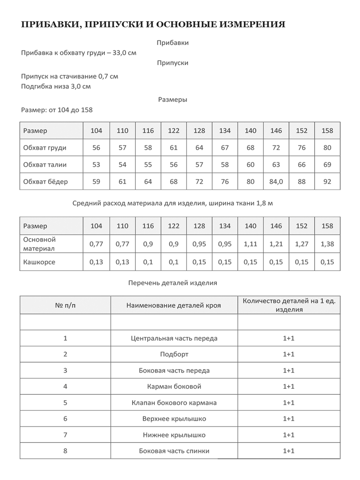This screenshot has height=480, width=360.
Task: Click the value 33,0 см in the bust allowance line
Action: tap(125, 53)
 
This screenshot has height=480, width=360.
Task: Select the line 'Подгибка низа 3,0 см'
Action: tap(56, 86)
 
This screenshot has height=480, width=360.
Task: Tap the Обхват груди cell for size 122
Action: tap(174, 148)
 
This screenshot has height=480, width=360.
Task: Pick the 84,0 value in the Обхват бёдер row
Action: tap(276, 182)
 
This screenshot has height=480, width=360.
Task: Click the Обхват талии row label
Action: tap(45, 165)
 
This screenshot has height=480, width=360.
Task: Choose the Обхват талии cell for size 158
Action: tap(327, 165)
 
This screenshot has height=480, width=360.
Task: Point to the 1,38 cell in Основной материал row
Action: tap(327, 244)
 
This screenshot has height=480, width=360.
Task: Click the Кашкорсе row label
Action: tap(39, 262)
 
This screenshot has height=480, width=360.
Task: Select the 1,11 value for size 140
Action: tap(251, 244)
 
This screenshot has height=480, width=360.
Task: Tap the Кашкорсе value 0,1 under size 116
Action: tap(148, 262)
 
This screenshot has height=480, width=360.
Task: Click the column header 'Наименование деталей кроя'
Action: tap(174, 306)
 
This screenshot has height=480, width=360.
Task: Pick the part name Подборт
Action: tap(174, 354)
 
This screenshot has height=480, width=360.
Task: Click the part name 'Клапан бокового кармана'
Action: tap(174, 403)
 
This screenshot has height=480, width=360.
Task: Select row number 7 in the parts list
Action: tap(65, 435)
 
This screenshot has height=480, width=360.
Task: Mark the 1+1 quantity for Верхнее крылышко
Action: tap(289, 419)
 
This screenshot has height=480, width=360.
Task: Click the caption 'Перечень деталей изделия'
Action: tap(172, 283)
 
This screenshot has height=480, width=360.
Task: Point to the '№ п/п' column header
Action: tap(65, 306)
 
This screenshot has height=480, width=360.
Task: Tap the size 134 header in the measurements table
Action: tap(225, 131)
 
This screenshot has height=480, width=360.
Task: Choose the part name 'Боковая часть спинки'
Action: tap(174, 451)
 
